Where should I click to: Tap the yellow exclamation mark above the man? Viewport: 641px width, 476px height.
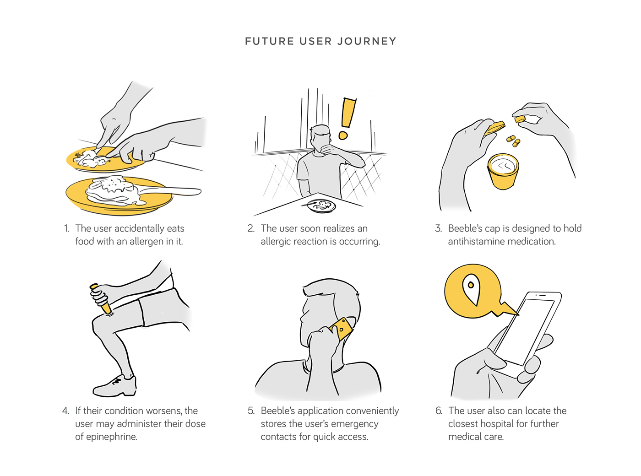[x=347, y=117]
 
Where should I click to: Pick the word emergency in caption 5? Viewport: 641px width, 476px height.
[x=354, y=424]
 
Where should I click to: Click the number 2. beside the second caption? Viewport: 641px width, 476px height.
[x=251, y=228]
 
